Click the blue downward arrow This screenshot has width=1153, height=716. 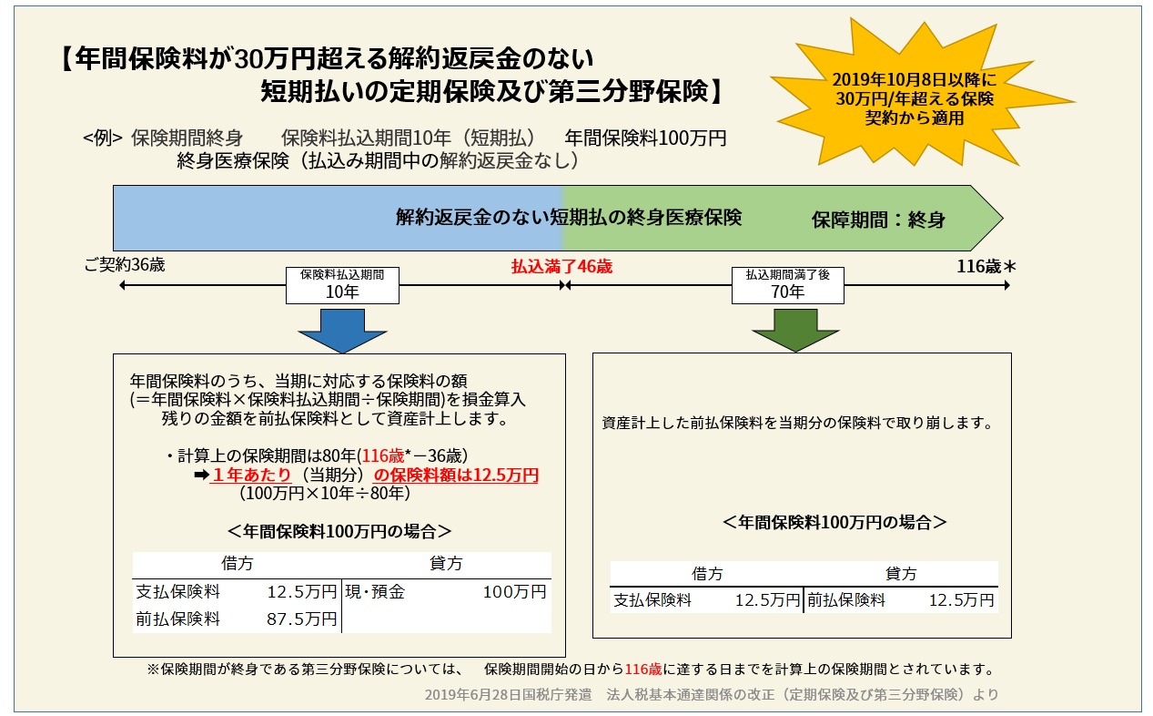click(342, 331)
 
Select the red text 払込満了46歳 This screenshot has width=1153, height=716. click(561, 266)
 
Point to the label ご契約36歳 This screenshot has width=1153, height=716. click(125, 265)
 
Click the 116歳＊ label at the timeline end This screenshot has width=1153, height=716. click(986, 266)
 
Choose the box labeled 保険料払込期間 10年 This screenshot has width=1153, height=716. click(342, 285)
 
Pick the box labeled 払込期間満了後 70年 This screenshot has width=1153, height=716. click(787, 285)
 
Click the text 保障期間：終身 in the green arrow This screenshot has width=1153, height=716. click(879, 220)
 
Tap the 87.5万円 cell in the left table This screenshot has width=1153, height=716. click(301, 619)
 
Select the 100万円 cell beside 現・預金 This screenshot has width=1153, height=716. click(514, 592)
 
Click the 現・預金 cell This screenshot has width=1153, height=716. click(375, 592)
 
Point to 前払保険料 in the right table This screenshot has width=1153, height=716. click(846, 600)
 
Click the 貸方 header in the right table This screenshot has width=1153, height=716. click(901, 573)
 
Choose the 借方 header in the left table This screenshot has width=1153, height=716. click(238, 563)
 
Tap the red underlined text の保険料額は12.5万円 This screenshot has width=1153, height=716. click(456, 475)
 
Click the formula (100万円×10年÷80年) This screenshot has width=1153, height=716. click(325, 494)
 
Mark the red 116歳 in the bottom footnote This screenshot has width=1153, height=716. click(643, 670)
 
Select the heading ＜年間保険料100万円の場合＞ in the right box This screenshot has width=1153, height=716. click(834, 522)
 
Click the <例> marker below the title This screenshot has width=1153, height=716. click(103, 138)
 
